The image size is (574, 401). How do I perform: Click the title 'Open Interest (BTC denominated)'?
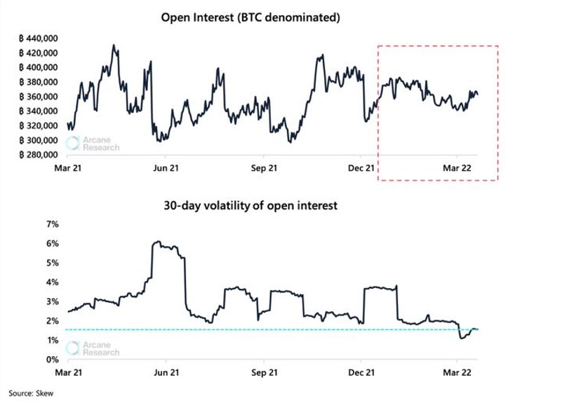tap(251, 17)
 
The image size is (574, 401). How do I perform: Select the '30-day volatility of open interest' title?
tap(251, 206)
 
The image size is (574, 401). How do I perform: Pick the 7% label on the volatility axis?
tap(53, 224)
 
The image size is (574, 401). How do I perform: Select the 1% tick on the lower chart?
tap(53, 340)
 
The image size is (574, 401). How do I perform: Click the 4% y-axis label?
tap(53, 283)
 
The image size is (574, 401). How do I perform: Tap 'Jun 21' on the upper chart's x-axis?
tap(166, 169)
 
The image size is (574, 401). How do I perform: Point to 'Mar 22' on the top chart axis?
tap(457, 169)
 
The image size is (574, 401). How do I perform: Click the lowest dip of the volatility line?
tap(462, 338)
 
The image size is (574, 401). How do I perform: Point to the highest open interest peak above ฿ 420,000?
tap(114, 46)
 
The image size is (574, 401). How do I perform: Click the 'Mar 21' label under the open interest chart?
tap(69, 169)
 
